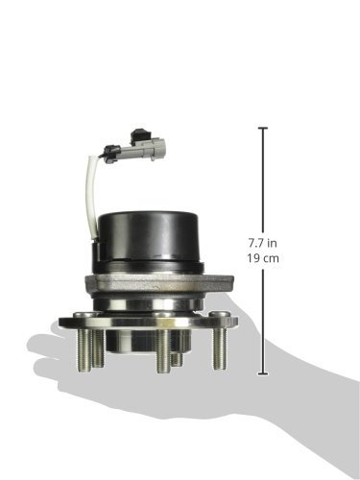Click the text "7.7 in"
[x=262, y=243]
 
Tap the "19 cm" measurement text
[x=263, y=258]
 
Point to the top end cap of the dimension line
[x=263, y=128]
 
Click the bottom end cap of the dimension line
[x=263, y=373]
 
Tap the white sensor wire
[x=89, y=195]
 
